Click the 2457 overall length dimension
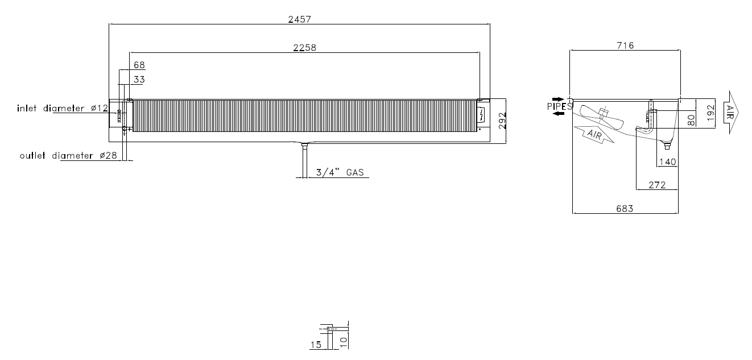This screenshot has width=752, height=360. (x=299, y=19)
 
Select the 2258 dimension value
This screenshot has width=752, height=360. (x=304, y=48)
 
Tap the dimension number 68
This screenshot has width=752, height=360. (x=139, y=65)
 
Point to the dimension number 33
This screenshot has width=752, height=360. (x=139, y=80)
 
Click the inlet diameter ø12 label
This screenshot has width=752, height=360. (x=63, y=108)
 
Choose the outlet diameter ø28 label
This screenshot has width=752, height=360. (x=68, y=155)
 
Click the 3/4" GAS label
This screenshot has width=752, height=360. (x=340, y=172)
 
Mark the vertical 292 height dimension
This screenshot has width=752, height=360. (x=502, y=121)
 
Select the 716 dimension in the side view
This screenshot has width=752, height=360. (x=625, y=45)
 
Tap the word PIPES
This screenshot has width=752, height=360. (x=560, y=106)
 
